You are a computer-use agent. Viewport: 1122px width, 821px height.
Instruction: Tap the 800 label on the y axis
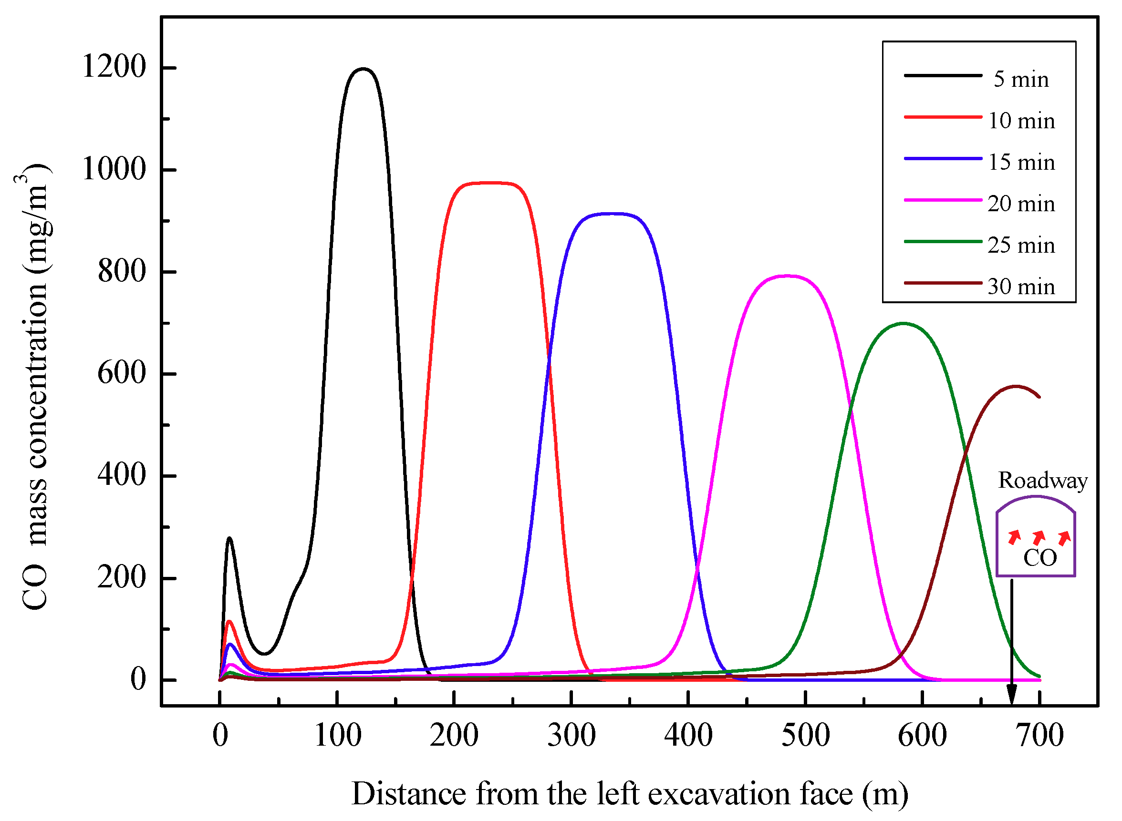(x=122, y=271)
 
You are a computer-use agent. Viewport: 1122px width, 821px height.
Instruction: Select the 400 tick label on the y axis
(x=122, y=475)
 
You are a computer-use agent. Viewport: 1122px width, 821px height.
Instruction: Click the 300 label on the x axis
(x=571, y=736)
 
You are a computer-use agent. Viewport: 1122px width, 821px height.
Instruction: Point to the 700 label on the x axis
(x=1039, y=736)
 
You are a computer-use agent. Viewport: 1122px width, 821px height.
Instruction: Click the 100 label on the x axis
(x=338, y=736)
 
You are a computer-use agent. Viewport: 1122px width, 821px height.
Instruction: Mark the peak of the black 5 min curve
(x=364, y=69)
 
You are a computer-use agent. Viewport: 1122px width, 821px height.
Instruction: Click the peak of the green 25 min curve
(x=903, y=324)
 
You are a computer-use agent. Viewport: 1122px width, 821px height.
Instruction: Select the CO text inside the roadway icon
(x=1039, y=558)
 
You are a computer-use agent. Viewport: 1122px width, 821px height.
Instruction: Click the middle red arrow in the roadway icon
(x=1039, y=537)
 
